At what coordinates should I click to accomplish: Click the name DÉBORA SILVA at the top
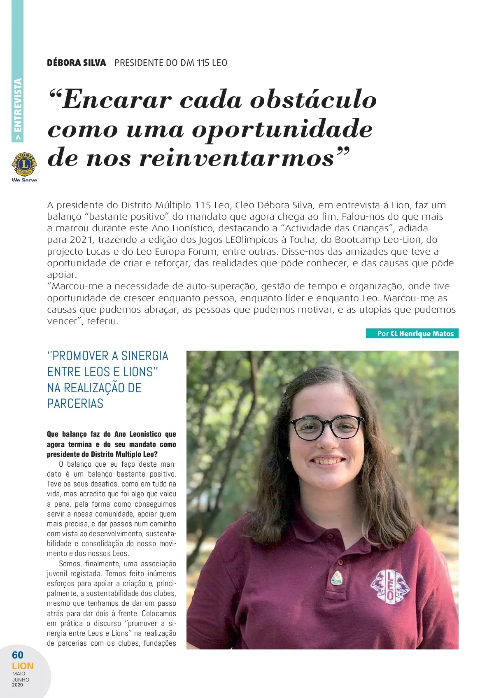77,63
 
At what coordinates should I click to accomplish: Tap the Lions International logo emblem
24,165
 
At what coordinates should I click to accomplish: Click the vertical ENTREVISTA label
18,109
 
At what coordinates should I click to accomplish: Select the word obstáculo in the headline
313,100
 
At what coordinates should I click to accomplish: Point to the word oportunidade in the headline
282,130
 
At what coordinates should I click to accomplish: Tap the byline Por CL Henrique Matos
412,334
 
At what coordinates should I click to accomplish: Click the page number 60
18,655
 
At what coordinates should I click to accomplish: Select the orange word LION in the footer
23,666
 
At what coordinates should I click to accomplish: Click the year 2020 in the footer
18,685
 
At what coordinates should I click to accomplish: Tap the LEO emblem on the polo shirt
389,586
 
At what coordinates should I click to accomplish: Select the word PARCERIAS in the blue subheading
75,404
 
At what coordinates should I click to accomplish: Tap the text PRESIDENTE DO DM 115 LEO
171,63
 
